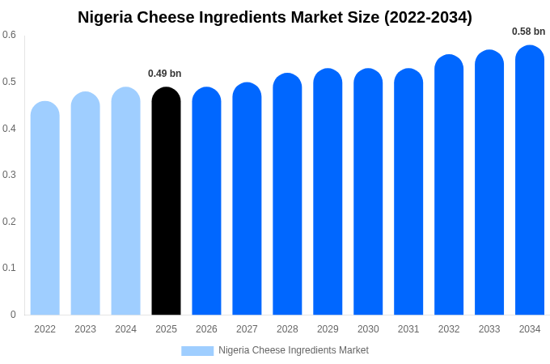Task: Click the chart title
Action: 275,17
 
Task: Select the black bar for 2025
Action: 166,202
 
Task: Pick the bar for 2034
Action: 530,181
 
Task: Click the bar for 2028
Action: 287,195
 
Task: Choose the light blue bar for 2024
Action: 125,202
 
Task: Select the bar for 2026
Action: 206,202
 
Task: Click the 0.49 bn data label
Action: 165,74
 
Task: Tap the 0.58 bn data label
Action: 529,32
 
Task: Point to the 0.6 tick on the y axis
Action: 9,35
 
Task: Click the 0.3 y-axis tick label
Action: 9,175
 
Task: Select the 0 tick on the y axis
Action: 13,315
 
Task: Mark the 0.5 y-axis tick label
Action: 9,82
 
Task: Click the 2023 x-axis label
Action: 86,329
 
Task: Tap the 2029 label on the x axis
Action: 328,329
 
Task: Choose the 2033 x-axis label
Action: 489,329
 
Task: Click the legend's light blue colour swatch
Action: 197,350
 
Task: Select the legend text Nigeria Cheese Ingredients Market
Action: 294,350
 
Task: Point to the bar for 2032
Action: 449,186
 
